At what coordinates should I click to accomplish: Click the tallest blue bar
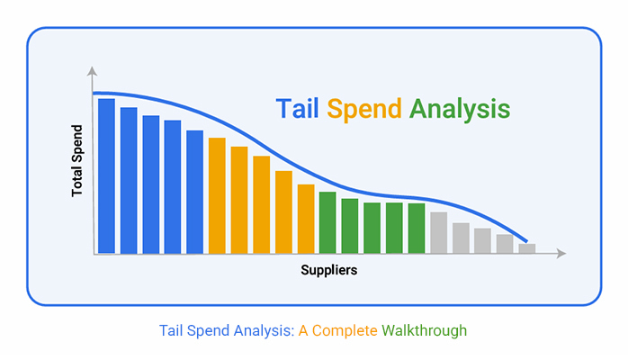point(106,175)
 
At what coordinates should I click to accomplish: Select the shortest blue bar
point(194,192)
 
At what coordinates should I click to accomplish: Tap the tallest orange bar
point(217,195)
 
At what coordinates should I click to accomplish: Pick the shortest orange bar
point(306,219)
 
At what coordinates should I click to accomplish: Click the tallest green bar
point(327,222)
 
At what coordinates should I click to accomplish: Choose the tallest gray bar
point(438,233)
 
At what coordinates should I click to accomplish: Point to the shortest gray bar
point(527,248)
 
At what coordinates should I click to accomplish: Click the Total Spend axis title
point(76,161)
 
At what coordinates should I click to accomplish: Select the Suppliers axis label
point(328,270)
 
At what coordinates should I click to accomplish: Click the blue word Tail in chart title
point(297,109)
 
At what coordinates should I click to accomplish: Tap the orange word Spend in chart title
point(364,109)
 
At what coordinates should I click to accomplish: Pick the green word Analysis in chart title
point(460,109)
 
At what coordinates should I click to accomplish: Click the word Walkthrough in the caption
point(424,331)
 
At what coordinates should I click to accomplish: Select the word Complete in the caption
point(345,331)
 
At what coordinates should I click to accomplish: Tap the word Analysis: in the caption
point(264,331)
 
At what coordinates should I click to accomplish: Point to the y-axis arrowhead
point(92,71)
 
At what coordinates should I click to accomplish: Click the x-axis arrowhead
point(561,253)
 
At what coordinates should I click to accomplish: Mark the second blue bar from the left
point(129,180)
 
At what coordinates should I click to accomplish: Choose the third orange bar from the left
point(262,204)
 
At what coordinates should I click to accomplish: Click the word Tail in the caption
point(172,331)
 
